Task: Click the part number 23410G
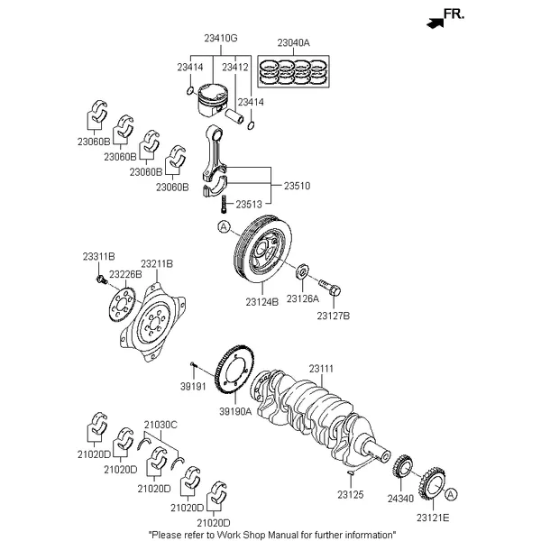tap(220, 38)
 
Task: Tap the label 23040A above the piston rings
tap(293, 42)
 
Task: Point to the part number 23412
tap(236, 67)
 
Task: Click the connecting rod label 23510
tap(297, 186)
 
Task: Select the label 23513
tap(250, 205)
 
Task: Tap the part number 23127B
tap(333, 316)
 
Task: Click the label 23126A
tap(301, 298)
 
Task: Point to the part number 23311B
tap(98, 257)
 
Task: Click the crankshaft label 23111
tap(321, 368)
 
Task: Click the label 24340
tap(399, 497)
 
